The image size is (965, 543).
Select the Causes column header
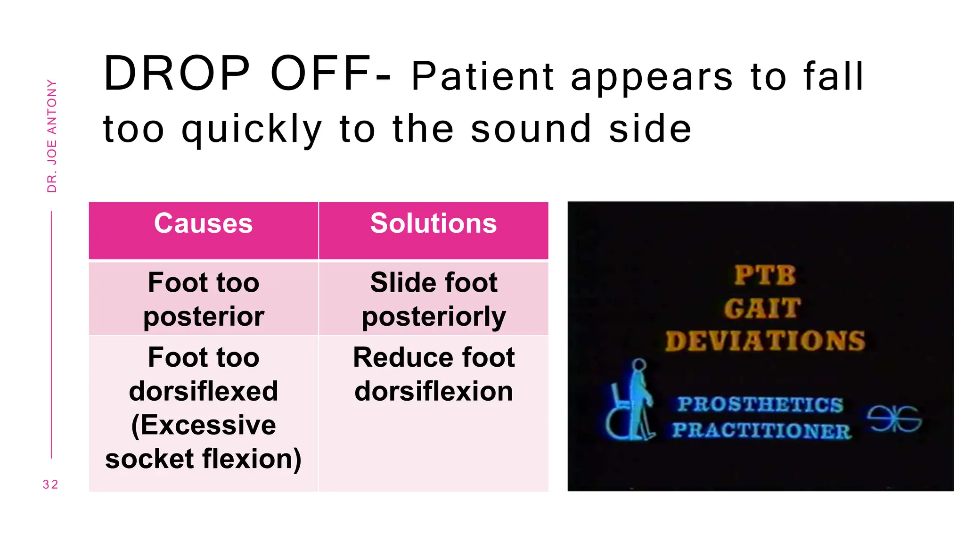203,223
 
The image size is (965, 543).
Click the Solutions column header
433,223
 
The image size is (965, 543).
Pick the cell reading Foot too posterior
203,299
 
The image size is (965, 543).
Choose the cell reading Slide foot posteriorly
433,299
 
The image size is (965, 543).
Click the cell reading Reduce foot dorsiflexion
433,374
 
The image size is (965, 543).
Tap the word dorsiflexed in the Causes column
203,391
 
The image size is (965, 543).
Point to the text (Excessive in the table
203,425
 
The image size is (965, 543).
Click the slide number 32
50,485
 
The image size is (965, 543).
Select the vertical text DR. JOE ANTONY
52,136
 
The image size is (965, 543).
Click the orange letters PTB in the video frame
765,275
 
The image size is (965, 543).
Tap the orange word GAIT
762,309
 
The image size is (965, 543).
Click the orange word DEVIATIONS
765,341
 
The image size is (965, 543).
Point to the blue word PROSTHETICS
760,404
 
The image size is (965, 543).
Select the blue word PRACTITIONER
761,430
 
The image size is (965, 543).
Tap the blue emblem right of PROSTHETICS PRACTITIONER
894,419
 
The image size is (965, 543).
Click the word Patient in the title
482,76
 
